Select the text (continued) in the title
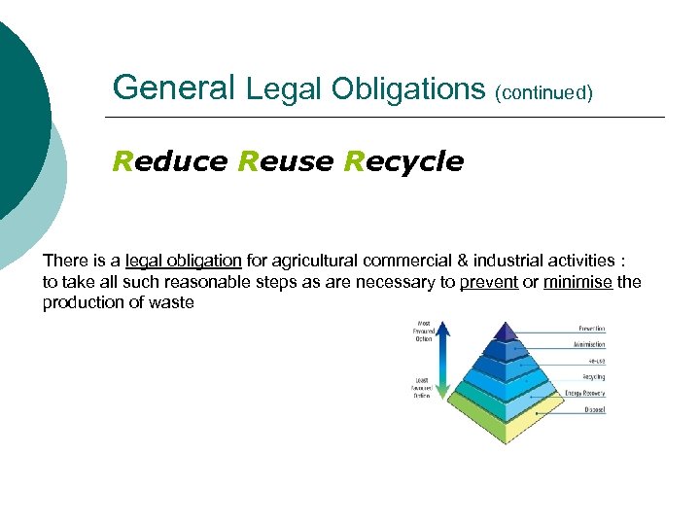point(543,93)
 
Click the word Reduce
point(170,161)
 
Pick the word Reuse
point(286,161)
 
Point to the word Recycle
point(403,161)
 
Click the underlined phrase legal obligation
point(183,262)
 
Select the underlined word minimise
point(577,283)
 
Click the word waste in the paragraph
point(174,303)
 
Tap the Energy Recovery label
point(585,394)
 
